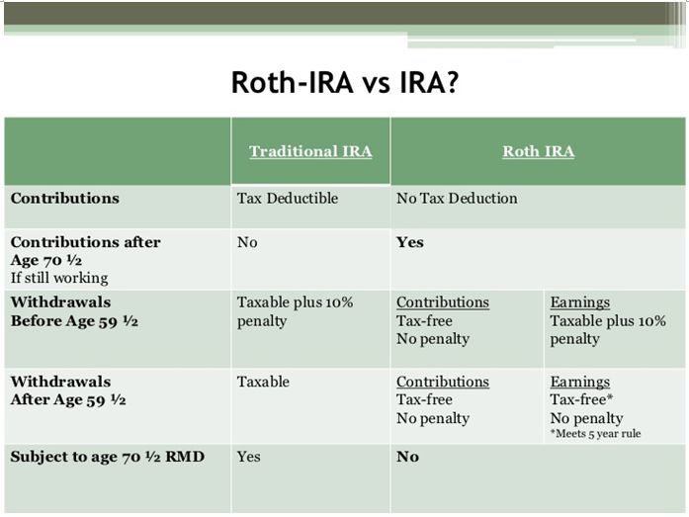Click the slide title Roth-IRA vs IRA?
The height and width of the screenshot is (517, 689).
(x=345, y=82)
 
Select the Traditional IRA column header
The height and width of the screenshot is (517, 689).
(x=310, y=151)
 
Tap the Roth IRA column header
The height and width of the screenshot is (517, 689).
(x=539, y=151)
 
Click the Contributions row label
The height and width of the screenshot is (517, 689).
(x=65, y=198)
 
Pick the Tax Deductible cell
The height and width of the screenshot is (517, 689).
(x=288, y=198)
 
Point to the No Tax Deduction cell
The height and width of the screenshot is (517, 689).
(x=457, y=198)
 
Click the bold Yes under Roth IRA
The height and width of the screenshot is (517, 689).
(x=410, y=242)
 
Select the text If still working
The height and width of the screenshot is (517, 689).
(x=59, y=278)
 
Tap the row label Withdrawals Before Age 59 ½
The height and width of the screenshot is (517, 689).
(x=74, y=311)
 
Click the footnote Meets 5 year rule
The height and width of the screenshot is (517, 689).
(x=595, y=434)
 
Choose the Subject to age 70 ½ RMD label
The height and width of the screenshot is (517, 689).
(x=108, y=457)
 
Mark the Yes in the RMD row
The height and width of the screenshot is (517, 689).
(x=249, y=457)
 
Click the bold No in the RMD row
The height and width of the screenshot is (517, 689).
(x=408, y=457)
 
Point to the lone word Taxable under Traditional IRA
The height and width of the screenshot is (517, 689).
(x=263, y=382)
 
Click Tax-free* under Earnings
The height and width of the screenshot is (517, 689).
(x=581, y=399)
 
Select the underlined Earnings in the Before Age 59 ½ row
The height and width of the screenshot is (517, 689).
(x=580, y=302)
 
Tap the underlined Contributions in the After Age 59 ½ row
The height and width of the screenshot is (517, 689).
(x=443, y=382)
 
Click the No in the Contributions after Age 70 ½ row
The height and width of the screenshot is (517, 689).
(x=247, y=242)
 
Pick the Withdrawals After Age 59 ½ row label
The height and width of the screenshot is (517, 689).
(x=68, y=390)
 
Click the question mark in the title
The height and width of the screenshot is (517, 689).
(x=452, y=82)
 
